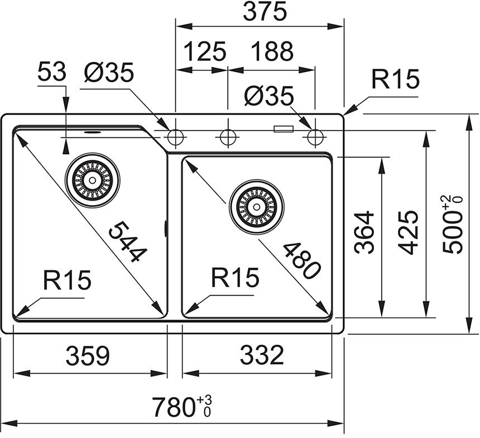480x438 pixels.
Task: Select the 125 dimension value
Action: click(x=204, y=51)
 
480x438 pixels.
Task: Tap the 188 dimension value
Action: click(x=272, y=51)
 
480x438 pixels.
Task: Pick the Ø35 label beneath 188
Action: click(x=268, y=97)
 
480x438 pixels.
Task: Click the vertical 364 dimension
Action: click(x=363, y=232)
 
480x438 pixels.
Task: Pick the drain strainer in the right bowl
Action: click(x=257, y=207)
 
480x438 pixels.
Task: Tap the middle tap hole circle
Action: click(x=227, y=136)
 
